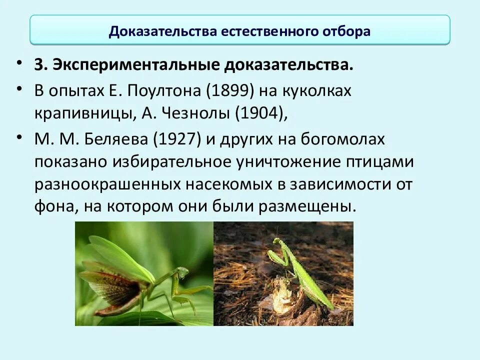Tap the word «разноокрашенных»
[x=107, y=184]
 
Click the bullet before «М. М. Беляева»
[x=19, y=135]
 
